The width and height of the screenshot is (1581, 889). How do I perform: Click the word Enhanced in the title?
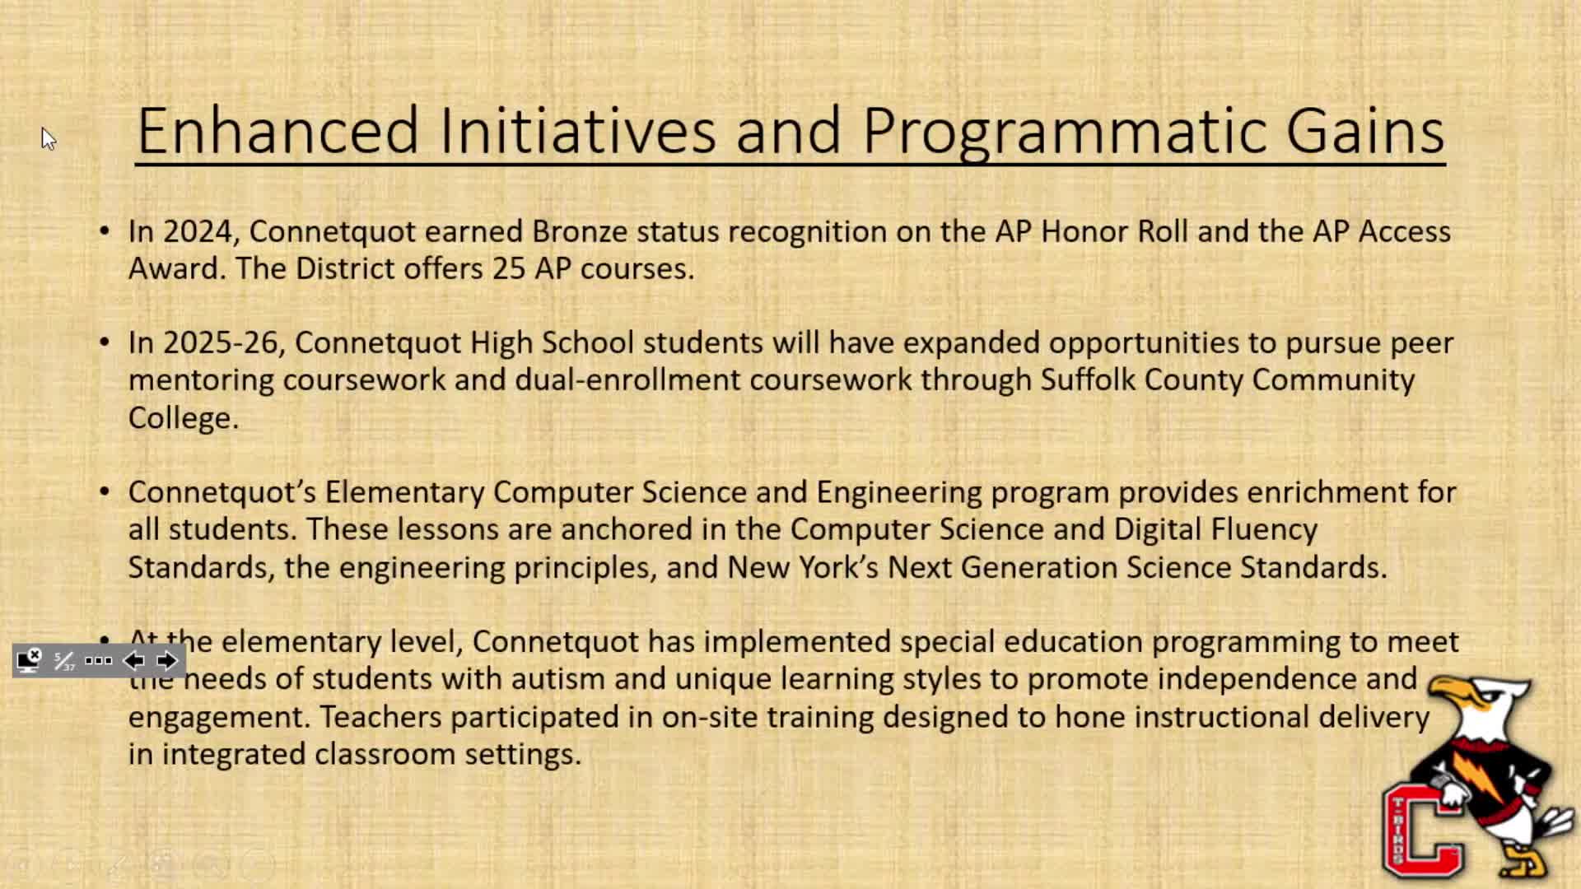click(x=277, y=131)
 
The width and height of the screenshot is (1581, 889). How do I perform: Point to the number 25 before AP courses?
click(x=509, y=268)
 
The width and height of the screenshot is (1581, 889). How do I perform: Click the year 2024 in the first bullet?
click(x=197, y=231)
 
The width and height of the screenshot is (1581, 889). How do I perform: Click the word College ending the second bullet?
click(x=183, y=418)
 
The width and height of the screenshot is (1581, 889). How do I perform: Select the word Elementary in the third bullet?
click(x=404, y=492)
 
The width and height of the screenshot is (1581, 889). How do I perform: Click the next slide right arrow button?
click(x=166, y=661)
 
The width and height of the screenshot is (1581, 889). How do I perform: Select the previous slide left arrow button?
click(x=133, y=661)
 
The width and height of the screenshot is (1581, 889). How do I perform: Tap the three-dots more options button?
click(x=98, y=661)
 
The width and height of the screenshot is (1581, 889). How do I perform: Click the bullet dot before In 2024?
click(x=104, y=230)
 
